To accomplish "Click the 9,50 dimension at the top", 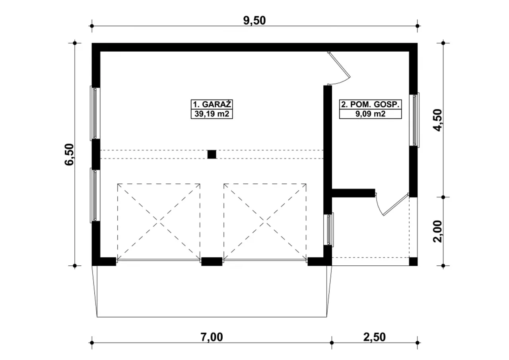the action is (x=254, y=20).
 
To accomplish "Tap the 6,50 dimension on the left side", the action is (x=70, y=154).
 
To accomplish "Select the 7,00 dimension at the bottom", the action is (x=212, y=337).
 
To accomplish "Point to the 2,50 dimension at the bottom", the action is (x=375, y=337).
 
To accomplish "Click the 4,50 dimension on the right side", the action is (x=438, y=120).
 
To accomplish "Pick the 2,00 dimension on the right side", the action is (x=438, y=232).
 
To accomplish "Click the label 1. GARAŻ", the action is (x=212, y=104).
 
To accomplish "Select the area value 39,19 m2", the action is (x=212, y=114).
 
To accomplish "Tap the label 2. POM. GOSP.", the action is (x=370, y=104).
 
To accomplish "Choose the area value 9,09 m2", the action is (x=370, y=114).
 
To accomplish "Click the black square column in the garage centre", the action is (x=212, y=154).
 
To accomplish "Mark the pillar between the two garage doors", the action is (x=212, y=262).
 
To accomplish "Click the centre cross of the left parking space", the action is (x=159, y=220).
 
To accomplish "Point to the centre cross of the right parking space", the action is (x=265, y=220).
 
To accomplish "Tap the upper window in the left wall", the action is (x=95, y=113).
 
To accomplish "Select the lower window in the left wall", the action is (x=95, y=195).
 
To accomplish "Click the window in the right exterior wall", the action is (x=414, y=120).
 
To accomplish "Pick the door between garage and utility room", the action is (x=339, y=68).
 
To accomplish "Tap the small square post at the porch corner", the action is (x=413, y=262).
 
